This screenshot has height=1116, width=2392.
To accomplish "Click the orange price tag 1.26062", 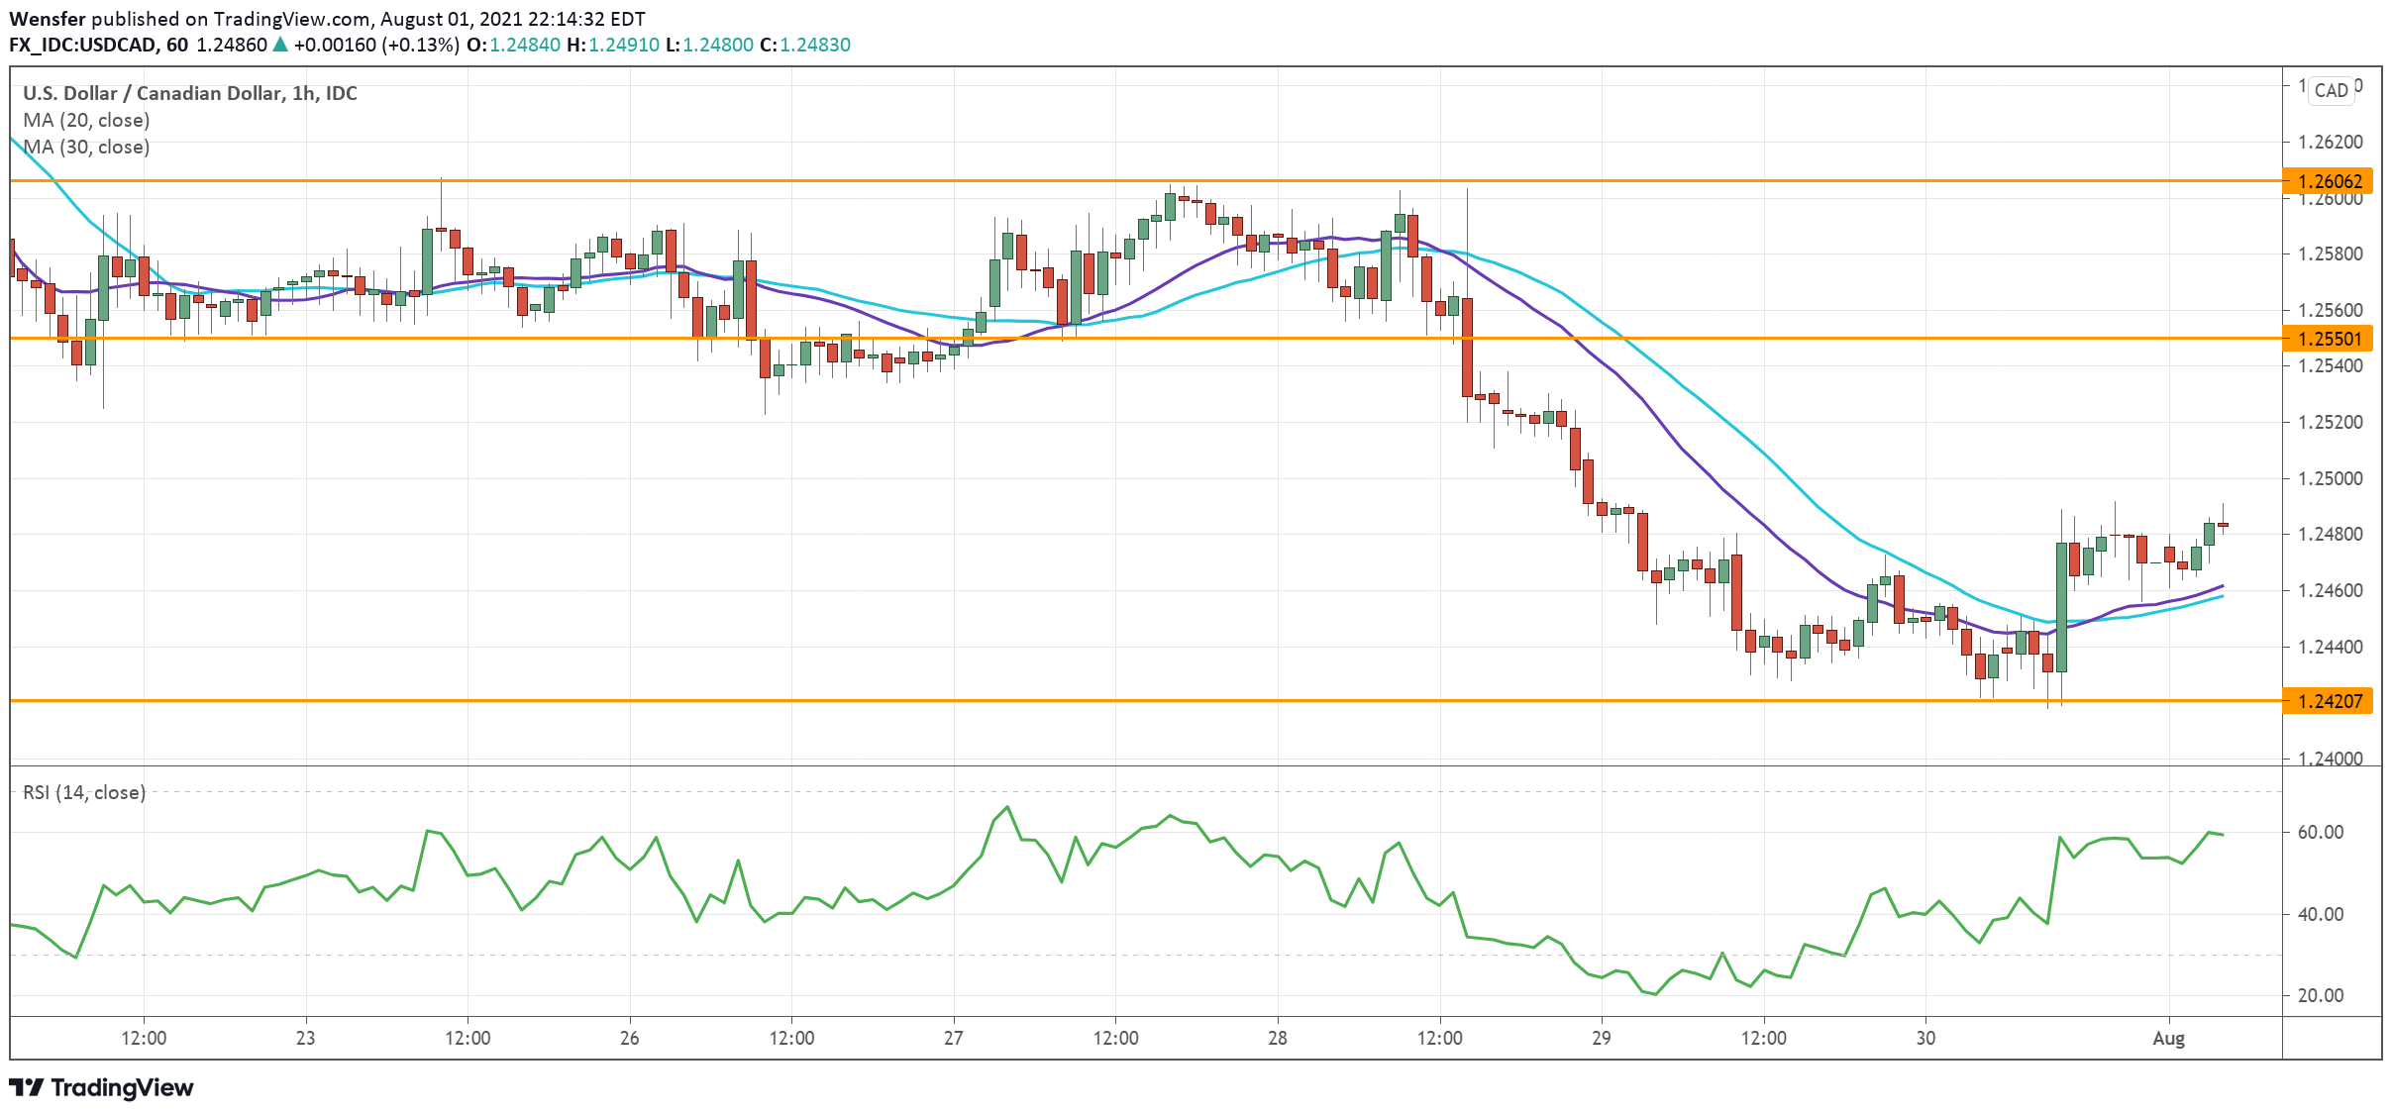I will [x=2329, y=181].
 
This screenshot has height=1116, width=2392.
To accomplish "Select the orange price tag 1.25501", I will [x=2329, y=339].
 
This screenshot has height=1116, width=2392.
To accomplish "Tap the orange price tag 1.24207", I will [x=2329, y=701].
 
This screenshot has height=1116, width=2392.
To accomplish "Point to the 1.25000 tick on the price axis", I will [x=2329, y=478].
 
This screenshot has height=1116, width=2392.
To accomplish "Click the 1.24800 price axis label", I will [x=2329, y=535].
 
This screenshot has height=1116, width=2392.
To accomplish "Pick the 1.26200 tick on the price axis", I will [x=2329, y=142].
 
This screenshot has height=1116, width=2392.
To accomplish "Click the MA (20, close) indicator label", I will [x=86, y=120].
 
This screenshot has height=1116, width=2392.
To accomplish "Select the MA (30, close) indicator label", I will [x=86, y=147].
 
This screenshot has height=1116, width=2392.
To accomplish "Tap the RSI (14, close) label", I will [x=84, y=792].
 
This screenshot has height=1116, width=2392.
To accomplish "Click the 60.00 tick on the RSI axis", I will [x=2320, y=832].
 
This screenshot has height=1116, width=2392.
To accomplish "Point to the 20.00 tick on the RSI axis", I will [x=2320, y=995].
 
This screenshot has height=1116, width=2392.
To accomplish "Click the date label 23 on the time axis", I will [x=305, y=1038].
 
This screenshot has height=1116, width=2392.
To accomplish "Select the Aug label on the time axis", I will [x=2169, y=1038].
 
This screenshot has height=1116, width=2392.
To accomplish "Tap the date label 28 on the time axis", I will [x=1278, y=1038].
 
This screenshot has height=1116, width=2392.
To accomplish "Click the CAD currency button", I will [x=2331, y=90].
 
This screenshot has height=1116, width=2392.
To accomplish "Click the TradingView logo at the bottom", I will [x=102, y=1087].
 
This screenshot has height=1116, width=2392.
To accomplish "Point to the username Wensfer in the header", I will [x=48, y=19].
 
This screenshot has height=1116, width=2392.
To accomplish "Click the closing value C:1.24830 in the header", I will [x=805, y=45].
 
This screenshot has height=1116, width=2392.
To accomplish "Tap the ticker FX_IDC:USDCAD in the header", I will [x=83, y=45].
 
